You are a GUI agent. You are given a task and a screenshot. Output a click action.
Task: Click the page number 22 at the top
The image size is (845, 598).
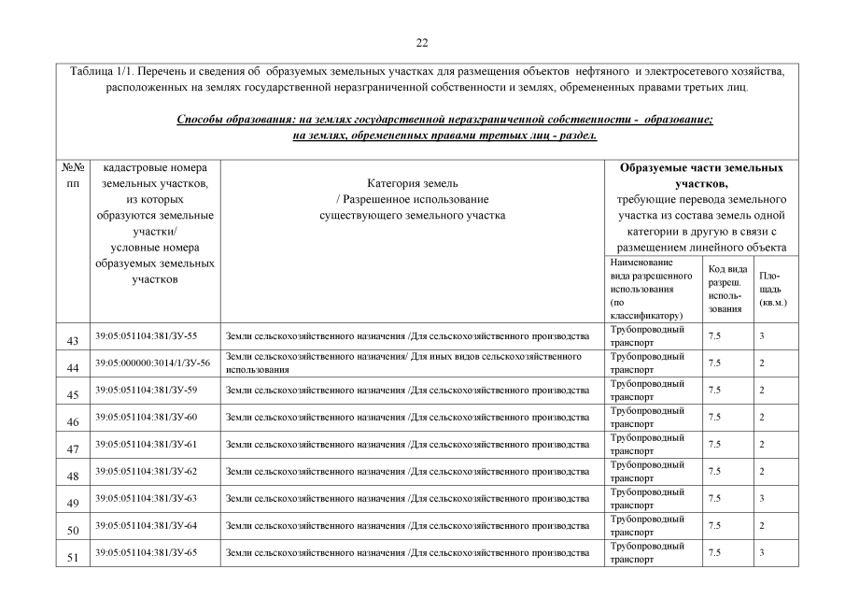(422, 42)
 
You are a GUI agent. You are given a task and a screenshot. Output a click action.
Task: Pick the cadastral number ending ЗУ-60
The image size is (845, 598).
(151, 416)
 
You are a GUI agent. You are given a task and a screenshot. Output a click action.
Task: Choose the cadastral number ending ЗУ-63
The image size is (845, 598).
(151, 497)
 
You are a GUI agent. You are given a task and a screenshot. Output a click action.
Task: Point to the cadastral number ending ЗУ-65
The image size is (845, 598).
(151, 551)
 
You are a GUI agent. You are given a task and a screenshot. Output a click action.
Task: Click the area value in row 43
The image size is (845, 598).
(762, 335)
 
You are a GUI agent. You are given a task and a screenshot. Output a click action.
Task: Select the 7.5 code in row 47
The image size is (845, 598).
(715, 444)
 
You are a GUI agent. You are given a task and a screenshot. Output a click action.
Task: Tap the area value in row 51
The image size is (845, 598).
(762, 552)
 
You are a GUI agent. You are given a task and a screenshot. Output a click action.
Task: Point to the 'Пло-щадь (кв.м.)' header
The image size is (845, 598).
(772, 289)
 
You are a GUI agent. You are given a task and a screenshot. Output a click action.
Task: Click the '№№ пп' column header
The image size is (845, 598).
(73, 176)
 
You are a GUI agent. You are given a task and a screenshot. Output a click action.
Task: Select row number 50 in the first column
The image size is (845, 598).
(72, 531)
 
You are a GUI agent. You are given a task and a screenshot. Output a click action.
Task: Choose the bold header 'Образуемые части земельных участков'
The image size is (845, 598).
(701, 176)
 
